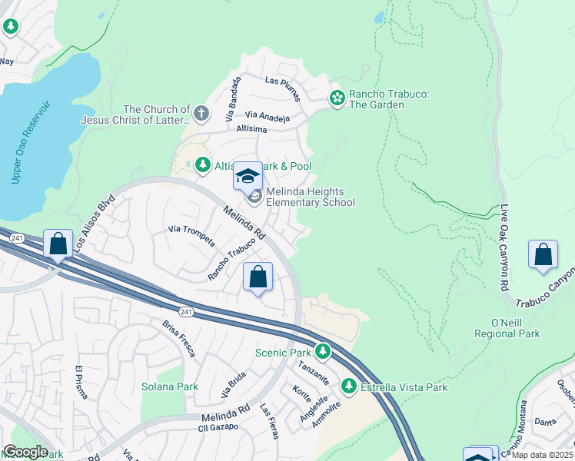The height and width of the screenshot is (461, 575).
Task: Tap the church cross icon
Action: click(201, 114)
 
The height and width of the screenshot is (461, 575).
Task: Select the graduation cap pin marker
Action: click(248, 177)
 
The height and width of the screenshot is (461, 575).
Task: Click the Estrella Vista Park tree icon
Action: click(349, 387)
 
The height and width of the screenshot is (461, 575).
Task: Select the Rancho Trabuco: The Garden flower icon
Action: click(337, 98)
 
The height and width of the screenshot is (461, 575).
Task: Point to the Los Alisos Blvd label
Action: click(95, 224)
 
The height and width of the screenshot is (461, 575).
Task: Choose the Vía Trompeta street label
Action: click(189, 229)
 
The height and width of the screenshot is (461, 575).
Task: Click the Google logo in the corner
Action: click(26, 452)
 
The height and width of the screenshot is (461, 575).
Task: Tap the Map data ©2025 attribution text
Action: click(543, 455)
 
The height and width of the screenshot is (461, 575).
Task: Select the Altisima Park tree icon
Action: click(202, 164)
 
